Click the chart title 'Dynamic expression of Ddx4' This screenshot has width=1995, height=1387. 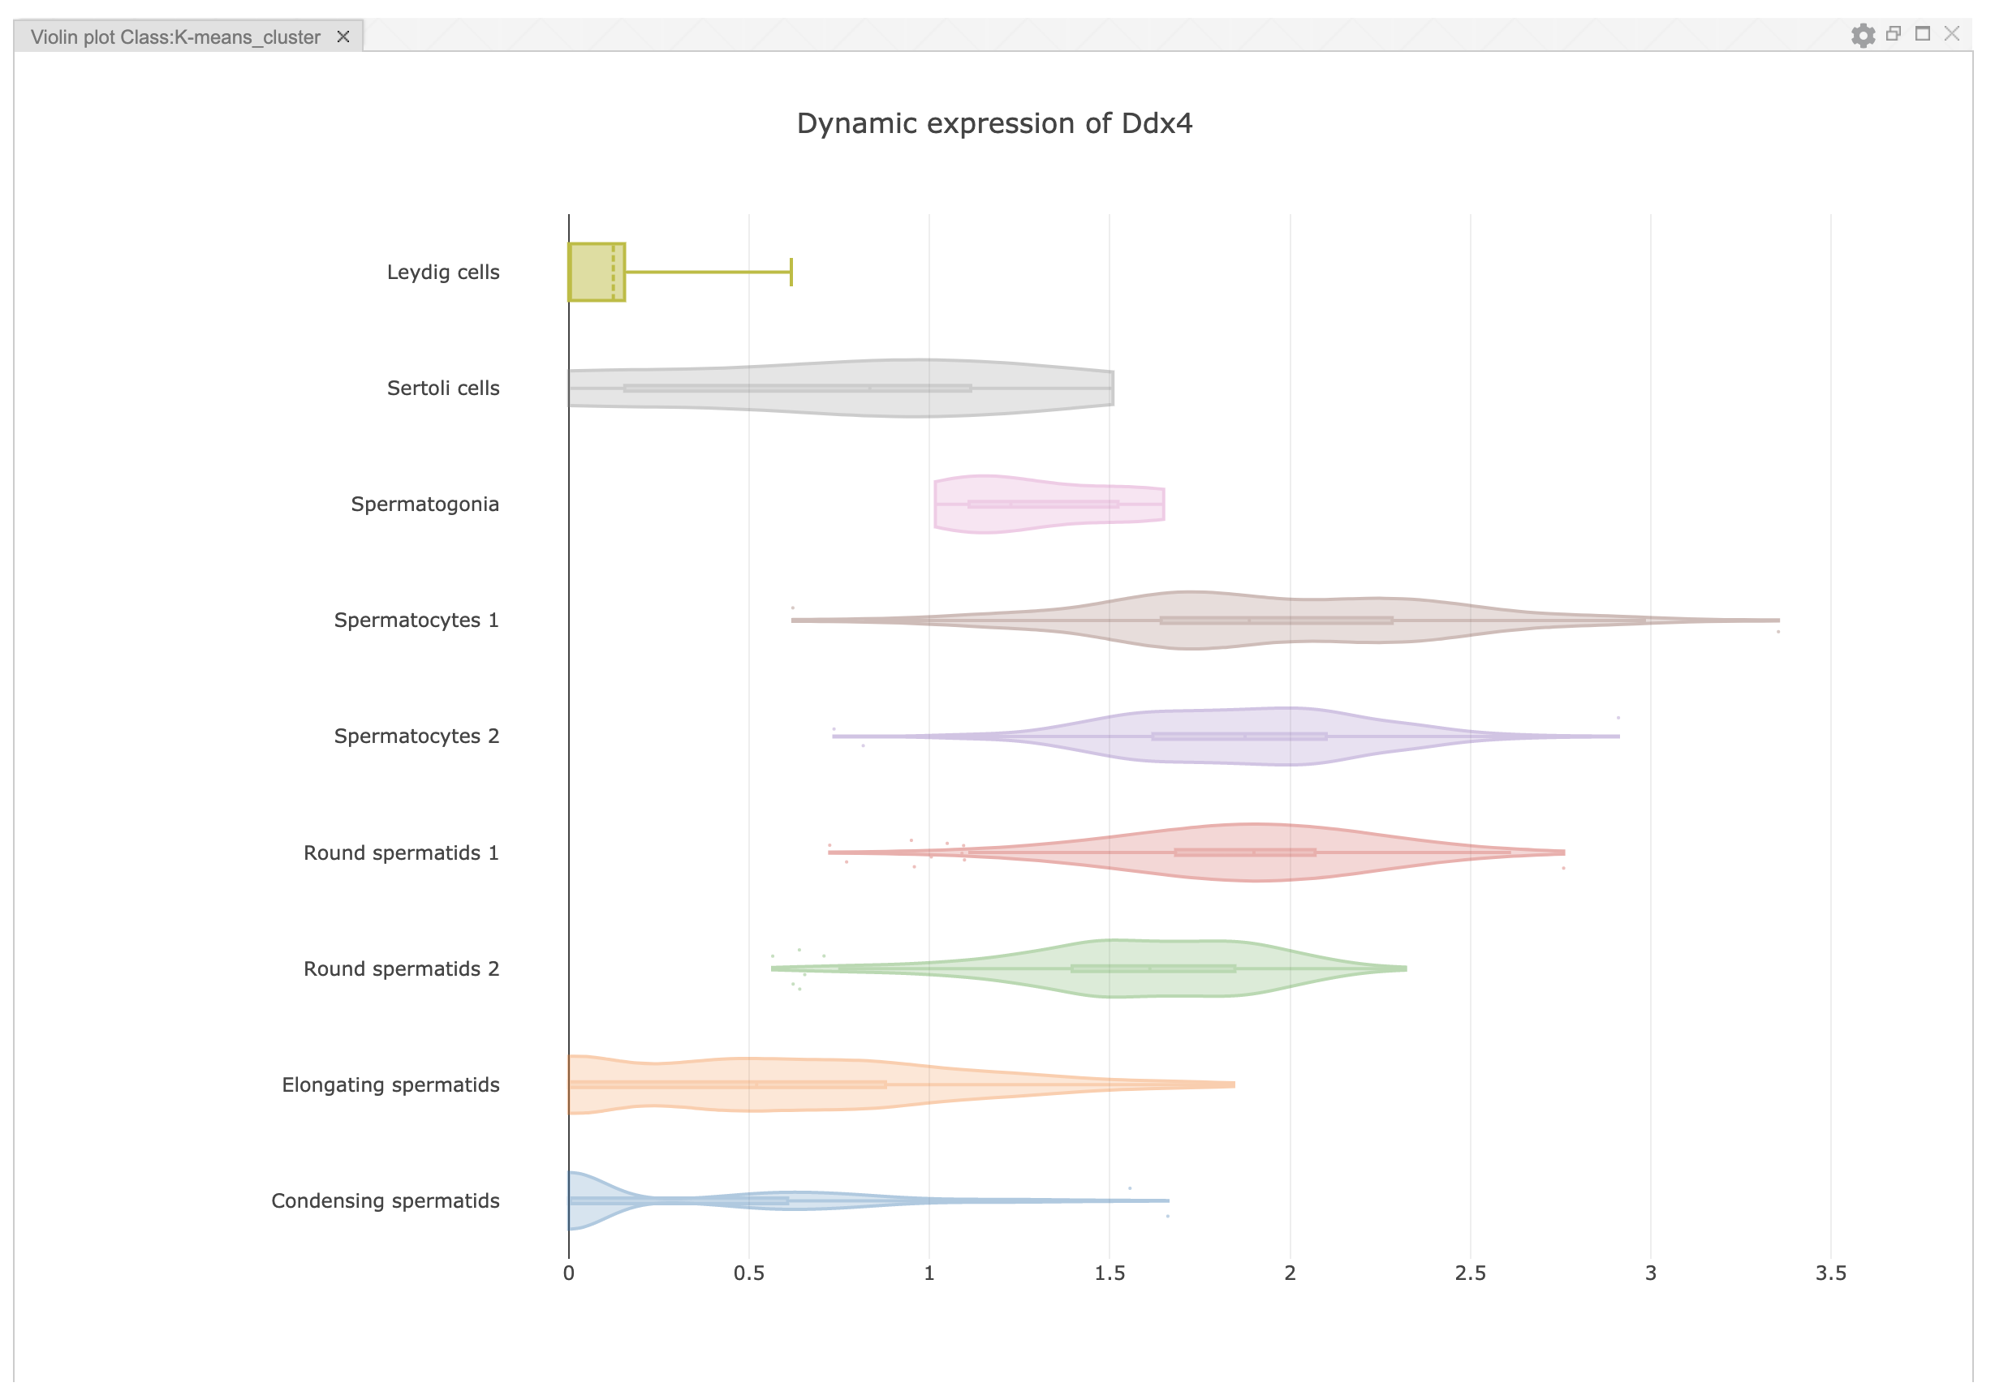994,123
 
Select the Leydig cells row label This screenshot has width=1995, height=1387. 443,272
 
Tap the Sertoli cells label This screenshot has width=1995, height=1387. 443,389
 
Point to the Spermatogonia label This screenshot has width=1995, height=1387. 425,505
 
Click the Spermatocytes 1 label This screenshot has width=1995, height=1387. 416,620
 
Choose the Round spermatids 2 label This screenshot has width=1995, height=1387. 402,969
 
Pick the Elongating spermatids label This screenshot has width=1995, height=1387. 390,1084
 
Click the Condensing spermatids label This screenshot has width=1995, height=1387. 385,1201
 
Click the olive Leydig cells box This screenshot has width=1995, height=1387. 595,272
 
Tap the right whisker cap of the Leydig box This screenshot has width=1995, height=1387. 791,272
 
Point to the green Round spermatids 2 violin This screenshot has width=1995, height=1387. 1156,968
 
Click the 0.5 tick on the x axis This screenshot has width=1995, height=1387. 749,1273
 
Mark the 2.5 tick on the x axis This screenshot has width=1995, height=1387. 1470,1273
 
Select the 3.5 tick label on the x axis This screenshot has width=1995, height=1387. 1831,1273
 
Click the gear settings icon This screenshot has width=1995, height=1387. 1863,36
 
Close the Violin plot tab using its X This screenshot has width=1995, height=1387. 343,36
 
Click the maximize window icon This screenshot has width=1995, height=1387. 1923,34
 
